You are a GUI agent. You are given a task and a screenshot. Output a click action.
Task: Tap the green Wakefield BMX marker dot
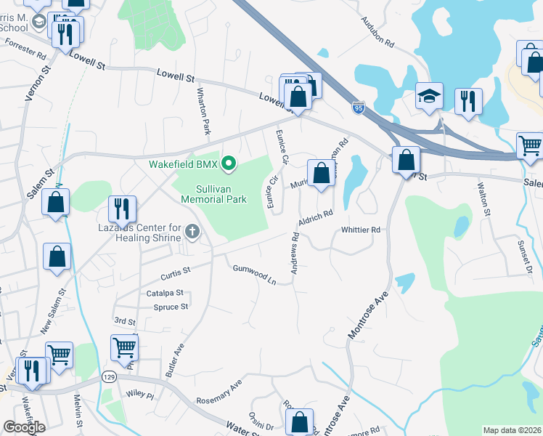229,163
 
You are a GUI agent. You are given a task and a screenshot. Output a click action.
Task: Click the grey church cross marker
192,232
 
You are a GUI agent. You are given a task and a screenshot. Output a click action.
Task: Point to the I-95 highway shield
359,108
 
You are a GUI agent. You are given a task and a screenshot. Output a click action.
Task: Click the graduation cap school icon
429,96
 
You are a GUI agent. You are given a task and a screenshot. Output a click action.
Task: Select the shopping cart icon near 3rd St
125,348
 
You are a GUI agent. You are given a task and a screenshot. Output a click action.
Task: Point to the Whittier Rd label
361,230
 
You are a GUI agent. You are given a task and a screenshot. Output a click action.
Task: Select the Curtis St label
175,272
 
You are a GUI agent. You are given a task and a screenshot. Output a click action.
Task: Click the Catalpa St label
164,293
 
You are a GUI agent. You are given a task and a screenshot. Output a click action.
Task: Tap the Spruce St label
171,307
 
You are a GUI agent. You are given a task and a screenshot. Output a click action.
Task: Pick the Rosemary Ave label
218,393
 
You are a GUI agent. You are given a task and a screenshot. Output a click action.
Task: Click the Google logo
24,427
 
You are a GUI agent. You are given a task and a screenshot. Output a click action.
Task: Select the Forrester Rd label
25,49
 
